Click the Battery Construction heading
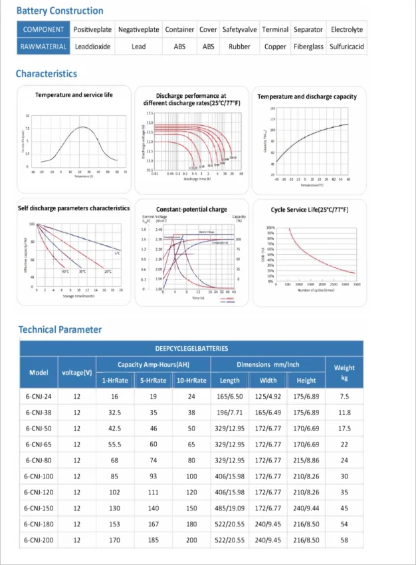pos(60,11)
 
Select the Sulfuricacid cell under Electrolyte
pos(347,47)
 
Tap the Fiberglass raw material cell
pos(308,47)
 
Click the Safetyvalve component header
pos(239,30)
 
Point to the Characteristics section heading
pos(47,74)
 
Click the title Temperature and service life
pos(74,95)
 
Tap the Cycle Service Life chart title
pos(310,210)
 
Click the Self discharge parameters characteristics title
pos(74,208)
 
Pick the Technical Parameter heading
pos(60,329)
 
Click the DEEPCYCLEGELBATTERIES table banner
pos(191,348)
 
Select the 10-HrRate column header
pos(191,381)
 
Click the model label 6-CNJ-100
pos(39,476)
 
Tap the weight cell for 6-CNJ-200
pos(344,540)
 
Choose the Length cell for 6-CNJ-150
pos(230,508)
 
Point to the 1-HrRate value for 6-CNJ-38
pos(114,413)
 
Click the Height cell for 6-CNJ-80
pos(306,461)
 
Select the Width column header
pos(268,381)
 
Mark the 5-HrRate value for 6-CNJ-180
pos(154,524)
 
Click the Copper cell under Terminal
pos(275,47)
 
